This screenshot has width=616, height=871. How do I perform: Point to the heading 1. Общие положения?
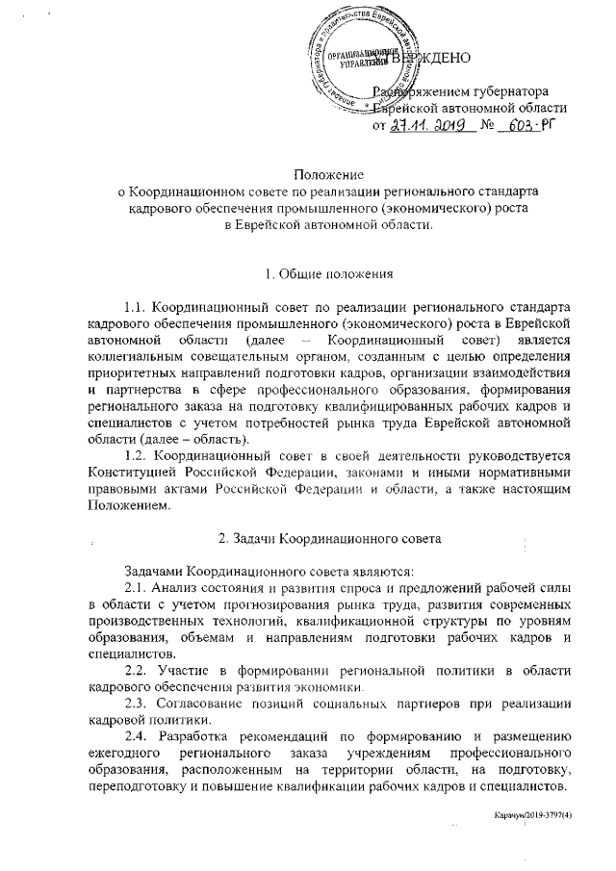(x=308, y=273)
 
